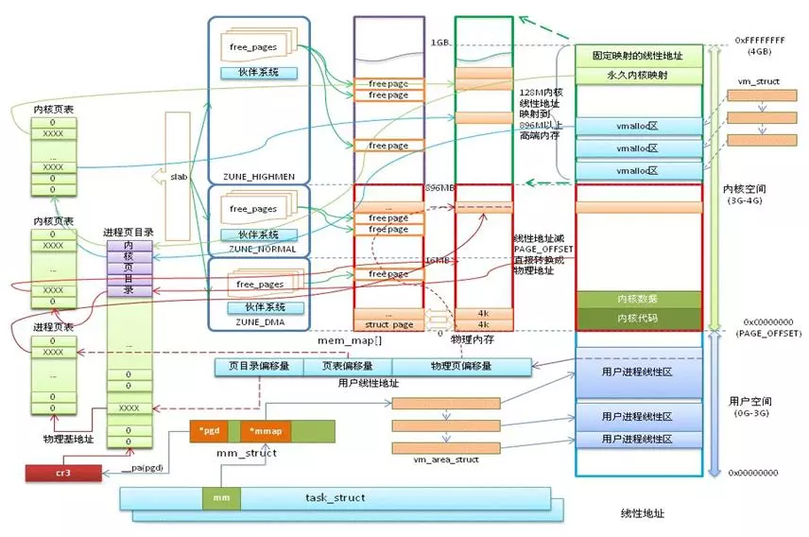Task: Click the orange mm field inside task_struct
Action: pyautogui.click(x=221, y=496)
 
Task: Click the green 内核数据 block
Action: pyautogui.click(x=638, y=300)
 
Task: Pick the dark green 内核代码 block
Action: pyautogui.click(x=638, y=318)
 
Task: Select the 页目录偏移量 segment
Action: pyautogui.click(x=259, y=366)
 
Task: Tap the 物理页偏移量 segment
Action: pyautogui.click(x=460, y=366)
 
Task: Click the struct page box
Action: pyautogui.click(x=387, y=324)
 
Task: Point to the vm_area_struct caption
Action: pyautogui.click(x=446, y=459)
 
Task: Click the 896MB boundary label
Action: pyautogui.click(x=440, y=186)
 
